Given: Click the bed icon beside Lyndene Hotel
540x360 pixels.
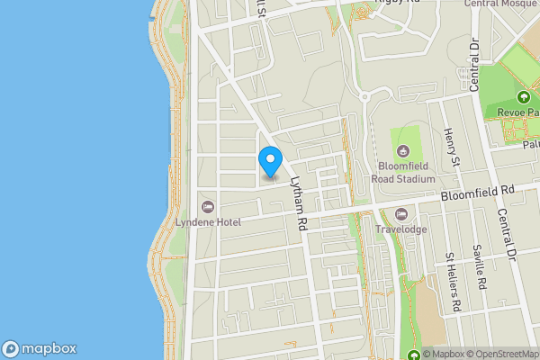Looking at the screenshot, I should pyautogui.click(x=209, y=207).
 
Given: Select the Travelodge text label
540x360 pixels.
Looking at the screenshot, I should pyautogui.click(x=401, y=228).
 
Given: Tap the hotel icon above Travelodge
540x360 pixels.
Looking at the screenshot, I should pyautogui.click(x=401, y=214).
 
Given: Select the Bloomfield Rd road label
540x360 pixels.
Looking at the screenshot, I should pyautogui.click(x=476, y=192).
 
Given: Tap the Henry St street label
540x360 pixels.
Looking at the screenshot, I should pyautogui.click(x=452, y=148).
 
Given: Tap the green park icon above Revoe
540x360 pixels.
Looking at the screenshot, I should pyautogui.click(x=523, y=97).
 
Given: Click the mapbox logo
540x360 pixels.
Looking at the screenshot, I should pyautogui.click(x=40, y=349).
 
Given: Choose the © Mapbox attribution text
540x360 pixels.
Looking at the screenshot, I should pyautogui.click(x=438, y=354).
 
